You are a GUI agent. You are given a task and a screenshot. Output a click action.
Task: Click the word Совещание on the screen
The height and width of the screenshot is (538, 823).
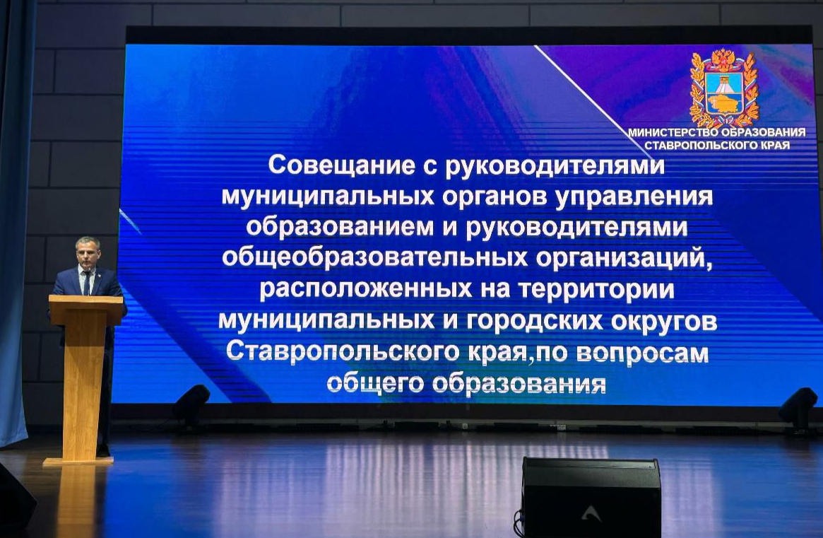(x=342, y=165)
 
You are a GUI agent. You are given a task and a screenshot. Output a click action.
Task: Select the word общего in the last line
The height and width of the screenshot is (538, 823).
(x=375, y=384)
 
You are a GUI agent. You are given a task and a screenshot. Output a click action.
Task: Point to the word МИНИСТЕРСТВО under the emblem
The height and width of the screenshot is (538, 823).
(x=673, y=132)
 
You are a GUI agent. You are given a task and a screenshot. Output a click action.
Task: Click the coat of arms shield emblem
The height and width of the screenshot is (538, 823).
(x=724, y=90)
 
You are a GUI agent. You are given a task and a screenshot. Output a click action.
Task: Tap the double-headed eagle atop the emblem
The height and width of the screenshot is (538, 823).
(x=724, y=59)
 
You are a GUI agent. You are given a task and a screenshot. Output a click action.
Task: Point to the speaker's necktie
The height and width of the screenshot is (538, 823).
(x=87, y=283)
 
